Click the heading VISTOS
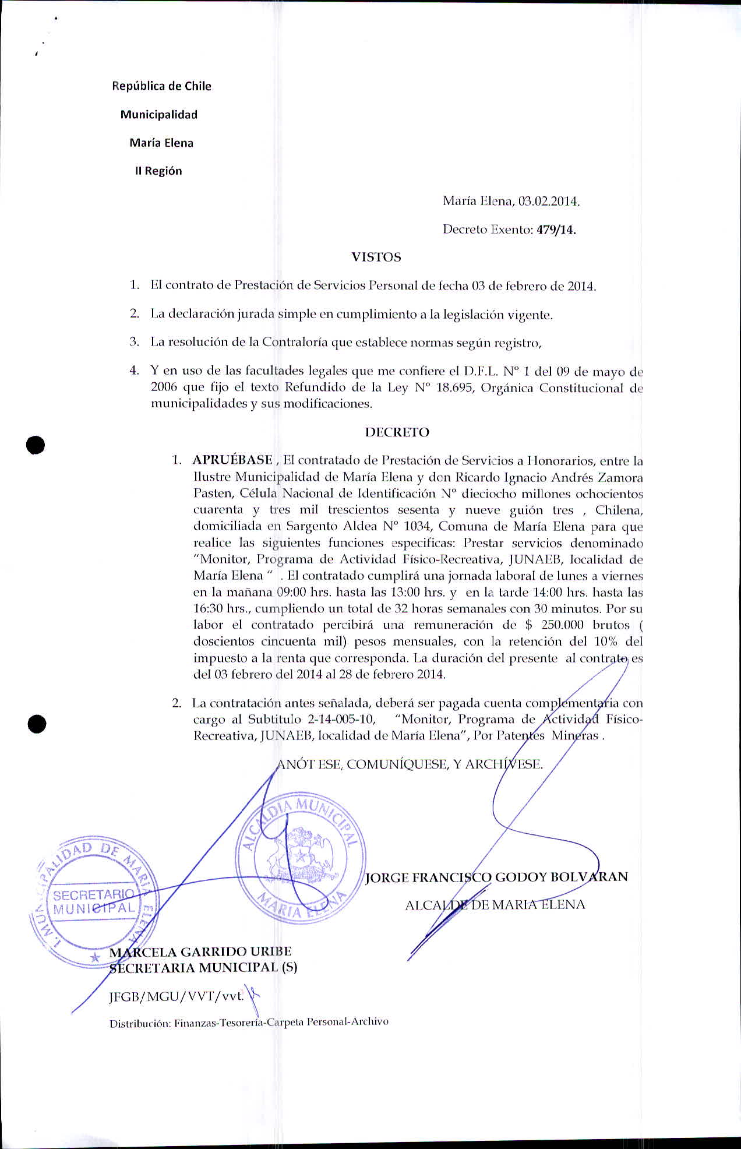click(x=376, y=257)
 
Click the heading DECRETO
click(x=397, y=432)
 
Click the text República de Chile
click(x=161, y=86)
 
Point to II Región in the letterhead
click(x=158, y=171)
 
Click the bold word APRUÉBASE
click(x=232, y=460)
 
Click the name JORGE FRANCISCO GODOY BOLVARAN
click(x=496, y=877)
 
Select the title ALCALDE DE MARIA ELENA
click(x=495, y=905)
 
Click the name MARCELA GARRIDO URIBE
click(x=200, y=951)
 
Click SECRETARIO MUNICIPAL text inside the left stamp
click(x=94, y=901)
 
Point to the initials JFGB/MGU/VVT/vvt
click(x=177, y=997)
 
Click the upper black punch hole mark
click(x=36, y=445)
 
